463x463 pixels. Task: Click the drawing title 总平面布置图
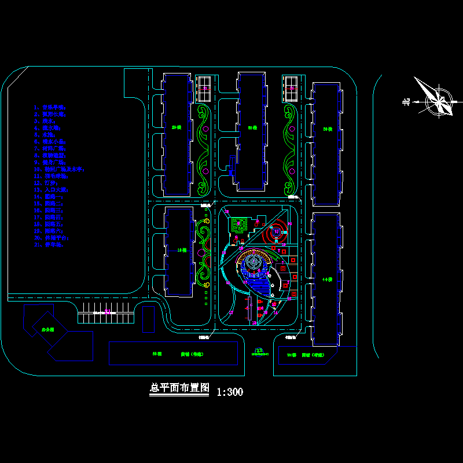tap(179, 388)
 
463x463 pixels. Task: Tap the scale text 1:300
tap(230, 392)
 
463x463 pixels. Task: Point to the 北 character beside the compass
tap(406, 102)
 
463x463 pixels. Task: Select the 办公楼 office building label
tap(47, 329)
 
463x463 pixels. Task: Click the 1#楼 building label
tap(182, 251)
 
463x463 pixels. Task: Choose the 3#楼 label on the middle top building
tap(252, 127)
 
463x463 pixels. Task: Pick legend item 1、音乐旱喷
tap(52, 108)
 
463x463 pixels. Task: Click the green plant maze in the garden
tap(240, 223)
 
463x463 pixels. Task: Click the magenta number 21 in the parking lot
tap(107, 313)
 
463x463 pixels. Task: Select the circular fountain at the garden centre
tap(253, 263)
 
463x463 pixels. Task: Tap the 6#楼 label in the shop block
tap(156, 353)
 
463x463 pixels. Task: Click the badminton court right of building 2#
tap(204, 89)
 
